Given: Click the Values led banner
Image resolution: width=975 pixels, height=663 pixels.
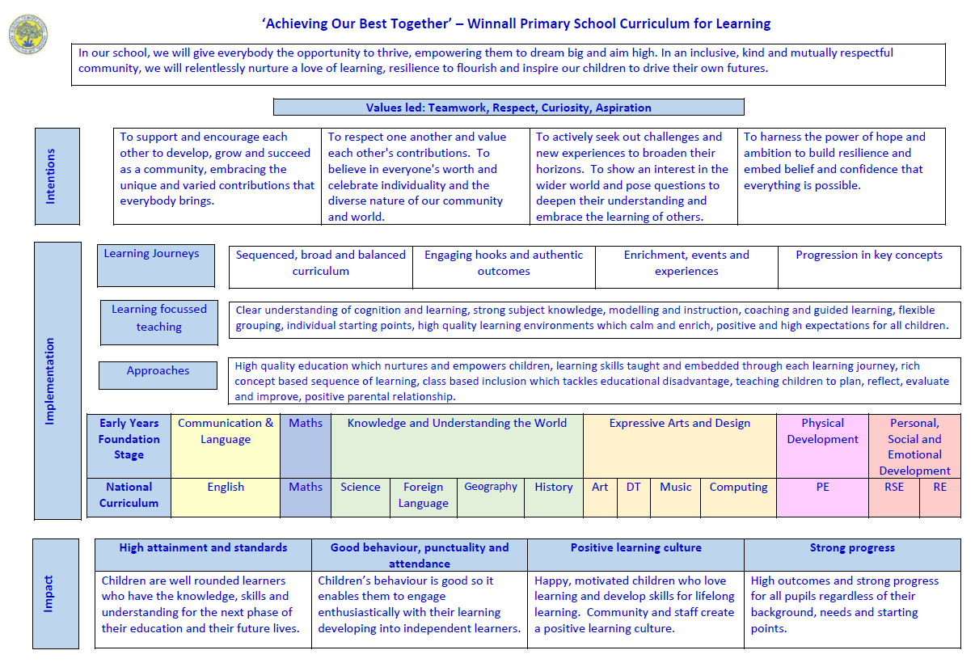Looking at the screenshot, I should [x=509, y=108].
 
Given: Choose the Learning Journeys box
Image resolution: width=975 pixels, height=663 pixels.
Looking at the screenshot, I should [x=155, y=265].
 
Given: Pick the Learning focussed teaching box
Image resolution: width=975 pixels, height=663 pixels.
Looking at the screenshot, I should [x=159, y=321].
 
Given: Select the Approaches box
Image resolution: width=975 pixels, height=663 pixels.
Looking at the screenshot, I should [x=158, y=375].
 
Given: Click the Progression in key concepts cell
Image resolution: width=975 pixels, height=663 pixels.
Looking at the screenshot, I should [x=869, y=267].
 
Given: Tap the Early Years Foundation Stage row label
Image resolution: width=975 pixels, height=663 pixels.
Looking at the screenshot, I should [x=129, y=446].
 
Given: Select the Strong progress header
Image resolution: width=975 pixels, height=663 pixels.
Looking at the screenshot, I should [x=852, y=555].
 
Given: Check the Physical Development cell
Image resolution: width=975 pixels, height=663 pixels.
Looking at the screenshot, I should [x=822, y=446].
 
